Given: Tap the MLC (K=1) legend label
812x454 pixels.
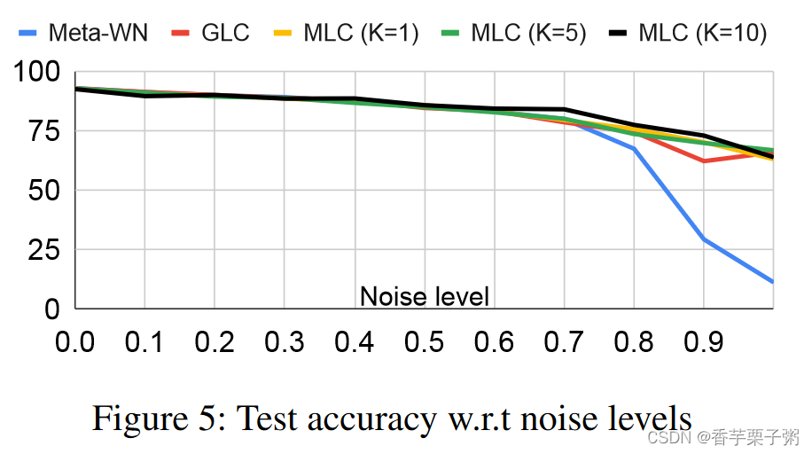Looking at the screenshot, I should pos(361,34).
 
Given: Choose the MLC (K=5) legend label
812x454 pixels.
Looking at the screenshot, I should pos(528,34).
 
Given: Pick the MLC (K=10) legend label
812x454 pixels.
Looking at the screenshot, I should pos(699,34).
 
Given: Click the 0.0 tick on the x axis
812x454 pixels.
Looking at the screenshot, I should pos(75,341).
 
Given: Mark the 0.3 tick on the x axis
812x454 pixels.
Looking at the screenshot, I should pos(285,341).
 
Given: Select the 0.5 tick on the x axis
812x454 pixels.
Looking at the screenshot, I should pos(424,341).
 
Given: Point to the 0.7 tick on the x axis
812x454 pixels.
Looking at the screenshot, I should pos(564,341).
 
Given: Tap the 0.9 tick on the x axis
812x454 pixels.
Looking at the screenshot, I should pos(703,341).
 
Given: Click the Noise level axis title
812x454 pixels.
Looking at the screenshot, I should pos(424,295).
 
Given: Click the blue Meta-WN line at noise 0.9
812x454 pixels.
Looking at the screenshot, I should pos(703,239).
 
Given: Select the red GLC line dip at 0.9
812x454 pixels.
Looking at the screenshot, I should pos(703,160).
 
